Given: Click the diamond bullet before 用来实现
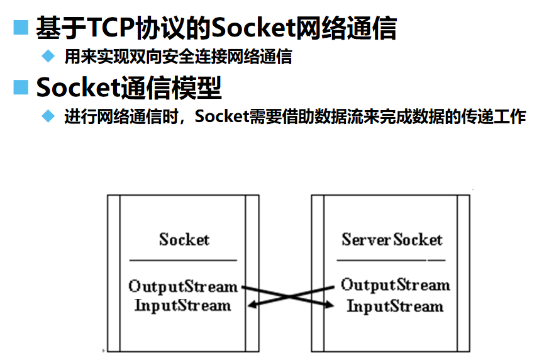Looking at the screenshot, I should tap(48, 57).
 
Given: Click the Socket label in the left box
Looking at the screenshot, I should tap(184, 239).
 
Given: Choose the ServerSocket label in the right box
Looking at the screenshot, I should tap(392, 239).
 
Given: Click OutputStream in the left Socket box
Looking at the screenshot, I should tap(183, 286).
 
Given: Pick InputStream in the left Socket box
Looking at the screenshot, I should tap(183, 306).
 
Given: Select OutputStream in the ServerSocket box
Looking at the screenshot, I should tap(395, 285).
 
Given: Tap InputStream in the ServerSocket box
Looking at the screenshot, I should tap(395, 307).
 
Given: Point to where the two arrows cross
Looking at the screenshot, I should tap(289, 296).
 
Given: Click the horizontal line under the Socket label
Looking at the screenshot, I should tap(183, 260).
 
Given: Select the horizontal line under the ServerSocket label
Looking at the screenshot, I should tap(391, 260).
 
